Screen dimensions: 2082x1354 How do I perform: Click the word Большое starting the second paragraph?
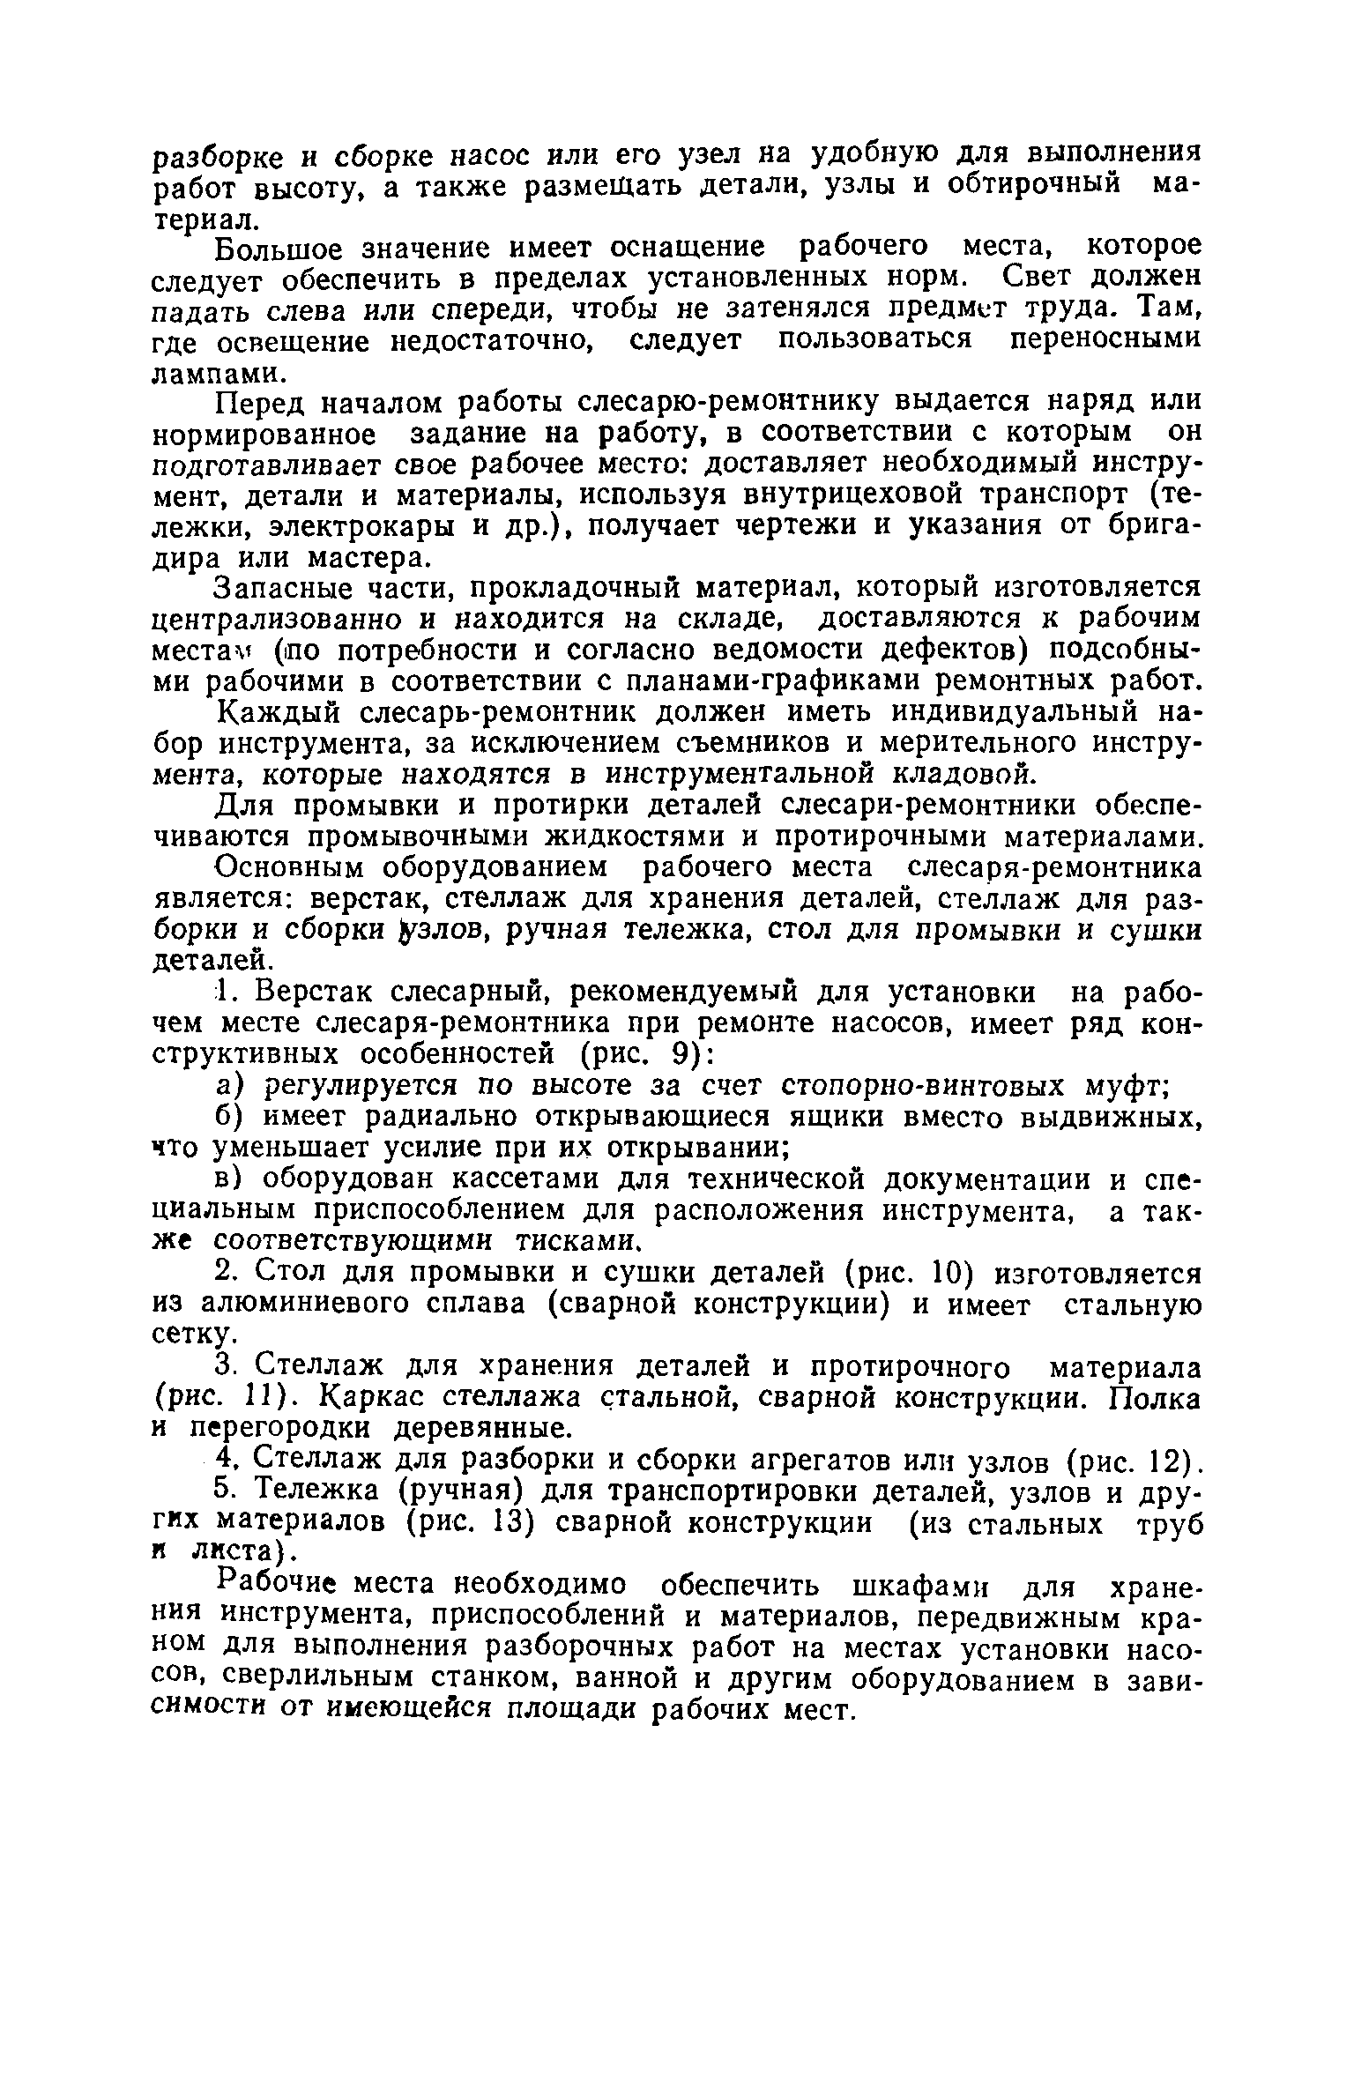pos(276,249)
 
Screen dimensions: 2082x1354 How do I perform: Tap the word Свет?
pos(1039,278)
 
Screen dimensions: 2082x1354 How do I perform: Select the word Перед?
pos(261,404)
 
